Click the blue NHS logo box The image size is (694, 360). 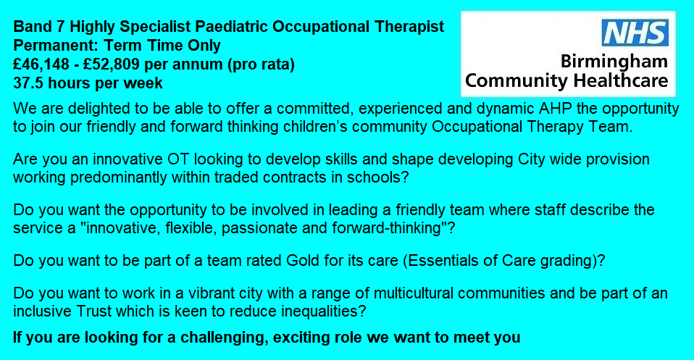(x=635, y=33)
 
